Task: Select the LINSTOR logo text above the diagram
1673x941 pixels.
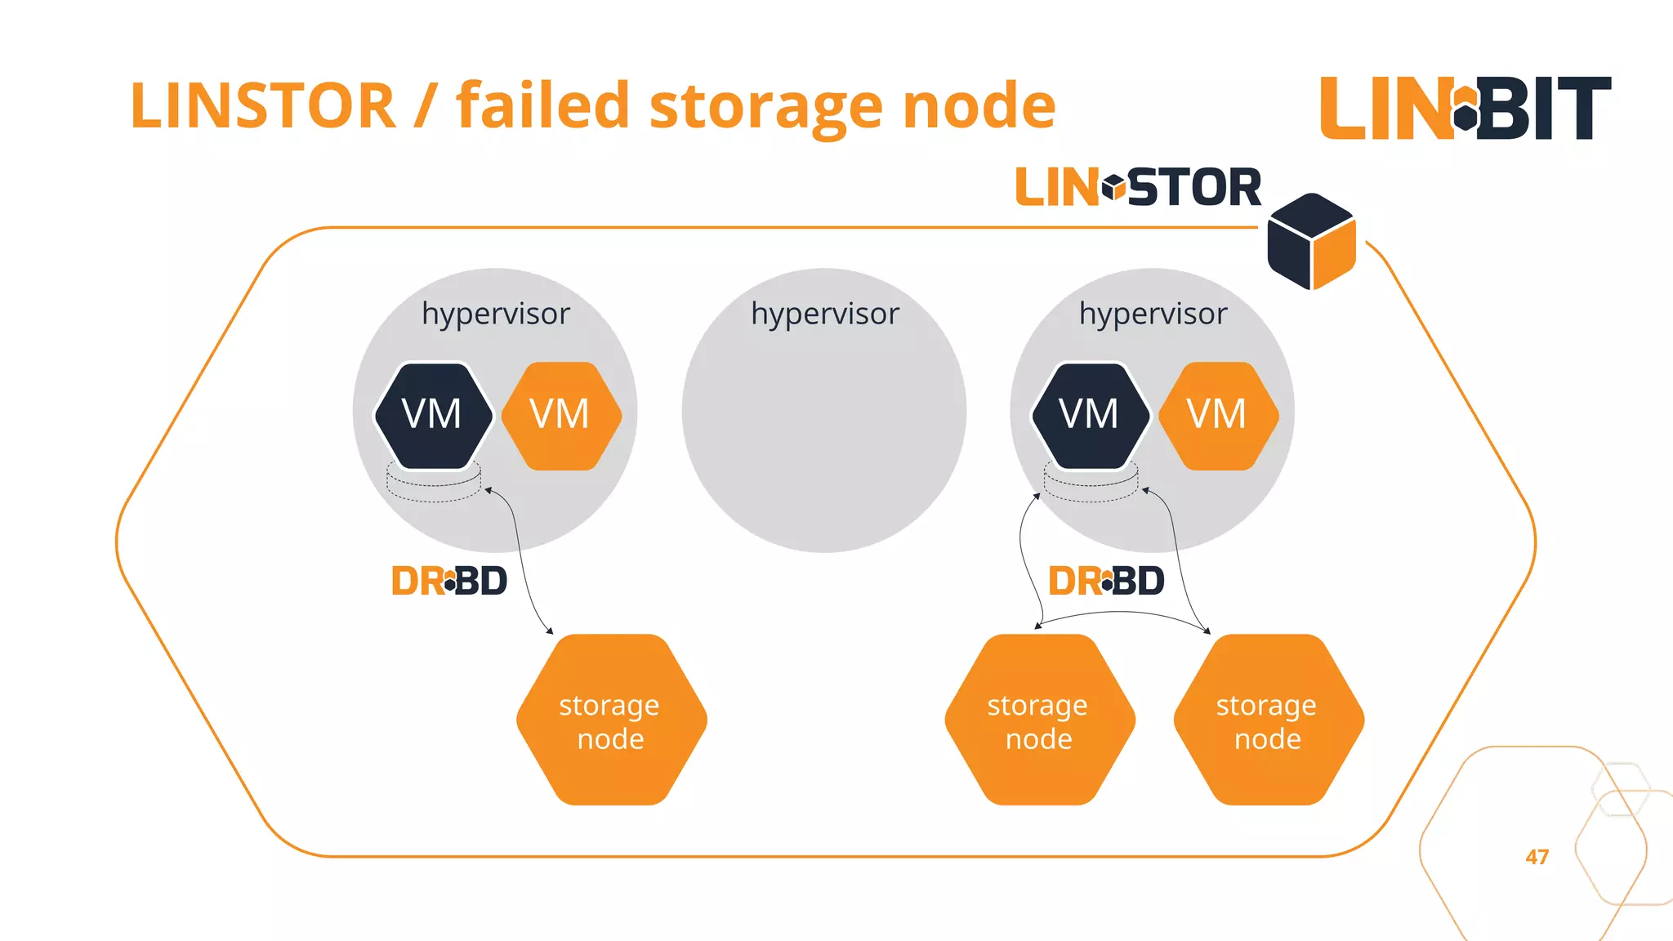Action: pyautogui.click(x=1138, y=188)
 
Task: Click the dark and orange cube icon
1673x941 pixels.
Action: pyautogui.click(x=1311, y=242)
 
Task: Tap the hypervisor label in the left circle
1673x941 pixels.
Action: pyautogui.click(x=495, y=314)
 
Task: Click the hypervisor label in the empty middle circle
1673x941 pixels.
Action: pyautogui.click(x=824, y=314)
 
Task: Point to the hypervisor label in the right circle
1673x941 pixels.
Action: pyautogui.click(x=1153, y=314)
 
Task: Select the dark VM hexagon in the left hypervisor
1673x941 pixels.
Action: pyautogui.click(x=433, y=415)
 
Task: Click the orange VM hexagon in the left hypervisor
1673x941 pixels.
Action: pyautogui.click(x=560, y=415)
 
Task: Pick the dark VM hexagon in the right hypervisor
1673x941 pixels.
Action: pyautogui.click(x=1090, y=415)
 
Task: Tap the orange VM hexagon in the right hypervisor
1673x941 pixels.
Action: pyautogui.click(x=1217, y=415)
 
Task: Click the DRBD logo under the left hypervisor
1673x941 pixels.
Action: pyautogui.click(x=449, y=582)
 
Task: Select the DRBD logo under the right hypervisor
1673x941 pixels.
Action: pyautogui.click(x=1106, y=582)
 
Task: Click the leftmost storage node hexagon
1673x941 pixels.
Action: pyautogui.click(x=611, y=720)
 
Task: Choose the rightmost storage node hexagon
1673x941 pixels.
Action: pyautogui.click(x=1268, y=720)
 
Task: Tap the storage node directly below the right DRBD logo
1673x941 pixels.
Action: pyautogui.click(x=1039, y=720)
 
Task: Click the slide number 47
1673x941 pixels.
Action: pyautogui.click(x=1537, y=857)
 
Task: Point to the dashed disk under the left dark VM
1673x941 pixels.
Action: pyautogui.click(x=434, y=487)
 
